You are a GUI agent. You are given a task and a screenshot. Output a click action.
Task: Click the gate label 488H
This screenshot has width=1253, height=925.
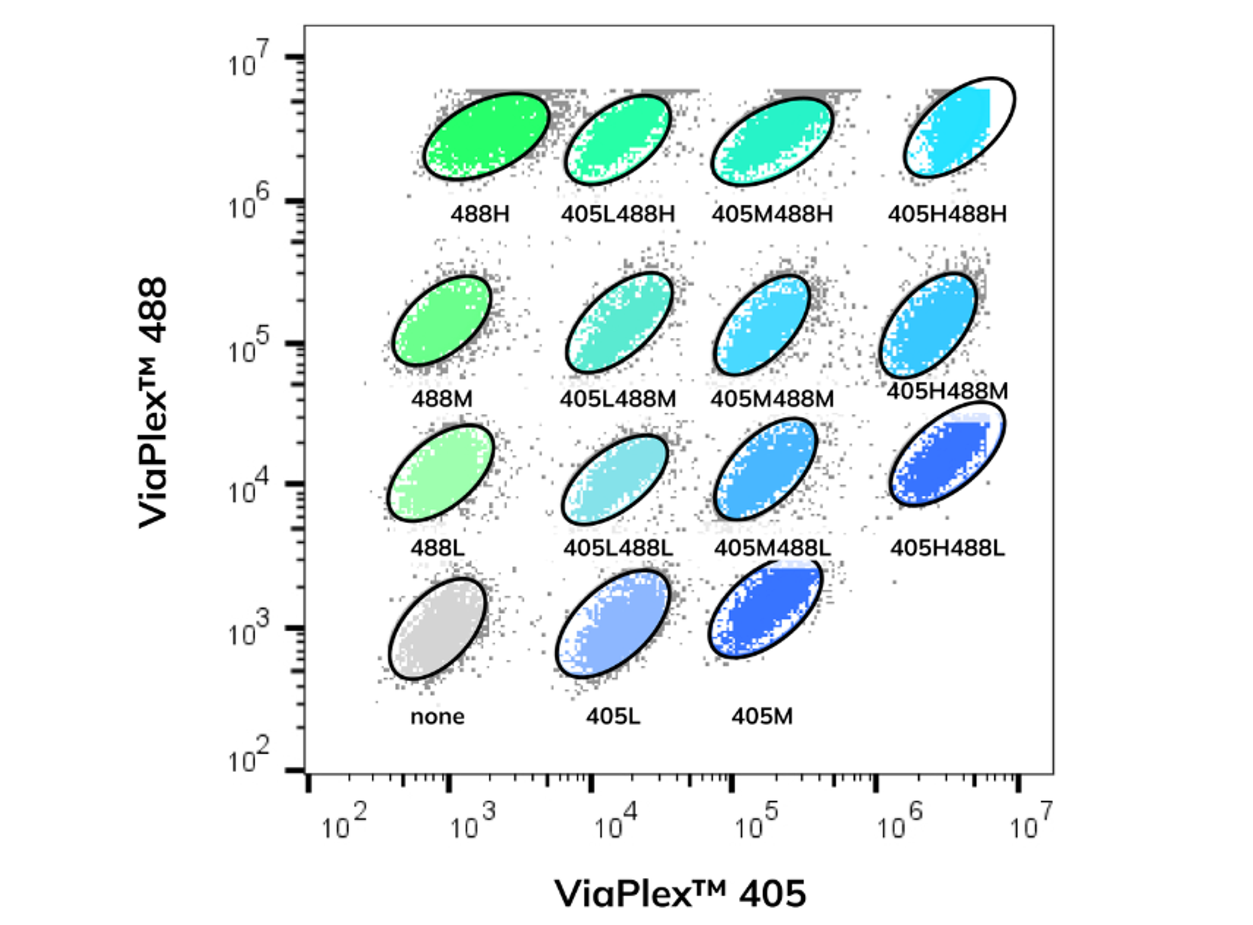pyautogui.click(x=480, y=214)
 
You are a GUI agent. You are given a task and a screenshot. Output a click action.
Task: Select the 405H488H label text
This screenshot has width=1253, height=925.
pyautogui.click(x=947, y=214)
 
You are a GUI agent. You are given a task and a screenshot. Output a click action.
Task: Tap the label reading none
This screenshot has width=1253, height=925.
pyautogui.click(x=437, y=717)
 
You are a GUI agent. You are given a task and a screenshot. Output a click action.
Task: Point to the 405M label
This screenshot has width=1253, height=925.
pyautogui.click(x=762, y=717)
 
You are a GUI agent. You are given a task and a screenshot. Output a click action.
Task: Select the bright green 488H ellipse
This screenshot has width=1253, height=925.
pyautogui.click(x=486, y=136)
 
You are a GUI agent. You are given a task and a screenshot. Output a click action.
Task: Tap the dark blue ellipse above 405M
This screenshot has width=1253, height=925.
pyautogui.click(x=765, y=609)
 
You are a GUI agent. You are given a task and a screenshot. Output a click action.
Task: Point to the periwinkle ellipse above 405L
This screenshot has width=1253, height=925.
pyautogui.click(x=613, y=624)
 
